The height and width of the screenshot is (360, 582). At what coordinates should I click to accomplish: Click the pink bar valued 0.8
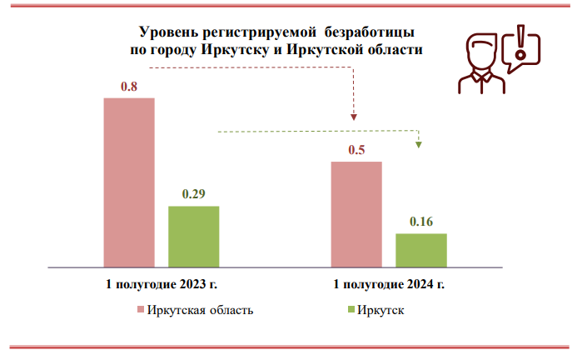point(129,181)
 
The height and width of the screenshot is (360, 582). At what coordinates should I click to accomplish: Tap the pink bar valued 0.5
point(356,212)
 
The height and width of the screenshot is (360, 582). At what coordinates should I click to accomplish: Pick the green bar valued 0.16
point(420,248)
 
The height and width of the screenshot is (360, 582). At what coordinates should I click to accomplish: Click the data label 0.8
point(129,87)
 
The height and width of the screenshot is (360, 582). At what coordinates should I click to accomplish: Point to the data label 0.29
point(193,194)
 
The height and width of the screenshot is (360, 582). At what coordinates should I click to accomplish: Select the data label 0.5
point(356,150)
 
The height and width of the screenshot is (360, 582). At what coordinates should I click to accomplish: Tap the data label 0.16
point(420,222)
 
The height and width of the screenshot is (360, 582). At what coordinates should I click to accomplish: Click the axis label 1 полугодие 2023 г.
point(161,284)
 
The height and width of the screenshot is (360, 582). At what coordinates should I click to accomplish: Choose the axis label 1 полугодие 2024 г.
point(389,284)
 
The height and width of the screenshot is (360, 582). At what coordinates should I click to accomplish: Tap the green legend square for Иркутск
point(349,311)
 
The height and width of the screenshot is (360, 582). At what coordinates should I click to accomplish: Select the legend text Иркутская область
point(200,311)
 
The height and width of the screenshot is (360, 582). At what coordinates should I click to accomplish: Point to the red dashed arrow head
point(353,117)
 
